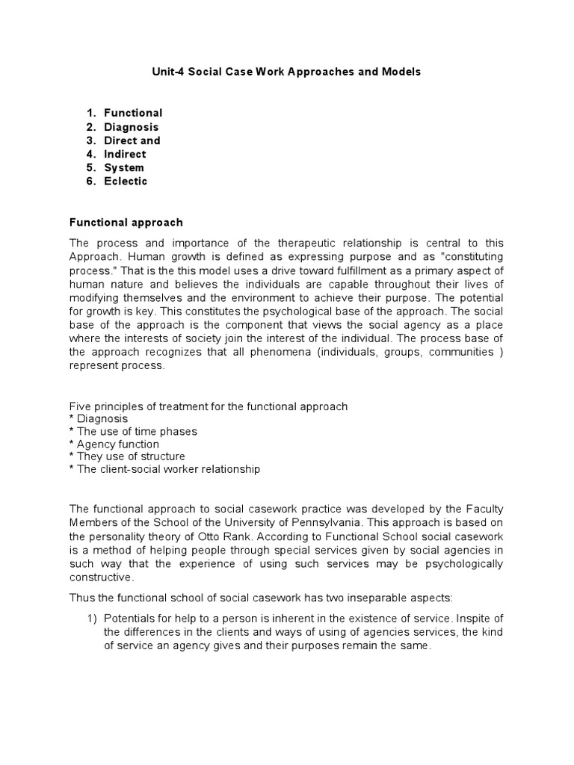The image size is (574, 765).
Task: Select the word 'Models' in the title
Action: [402, 72]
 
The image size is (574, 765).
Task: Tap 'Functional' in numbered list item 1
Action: [133, 113]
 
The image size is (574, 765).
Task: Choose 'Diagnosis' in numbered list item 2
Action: [132, 127]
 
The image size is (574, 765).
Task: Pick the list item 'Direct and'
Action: [132, 140]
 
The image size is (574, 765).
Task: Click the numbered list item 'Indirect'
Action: [125, 154]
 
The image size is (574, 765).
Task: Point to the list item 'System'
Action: [124, 167]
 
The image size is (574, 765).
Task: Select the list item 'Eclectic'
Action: [126, 181]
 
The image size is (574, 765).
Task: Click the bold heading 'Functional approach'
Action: [126, 223]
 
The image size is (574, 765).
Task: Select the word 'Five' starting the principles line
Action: [81, 406]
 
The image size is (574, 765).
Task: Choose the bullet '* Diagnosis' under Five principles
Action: [99, 419]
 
